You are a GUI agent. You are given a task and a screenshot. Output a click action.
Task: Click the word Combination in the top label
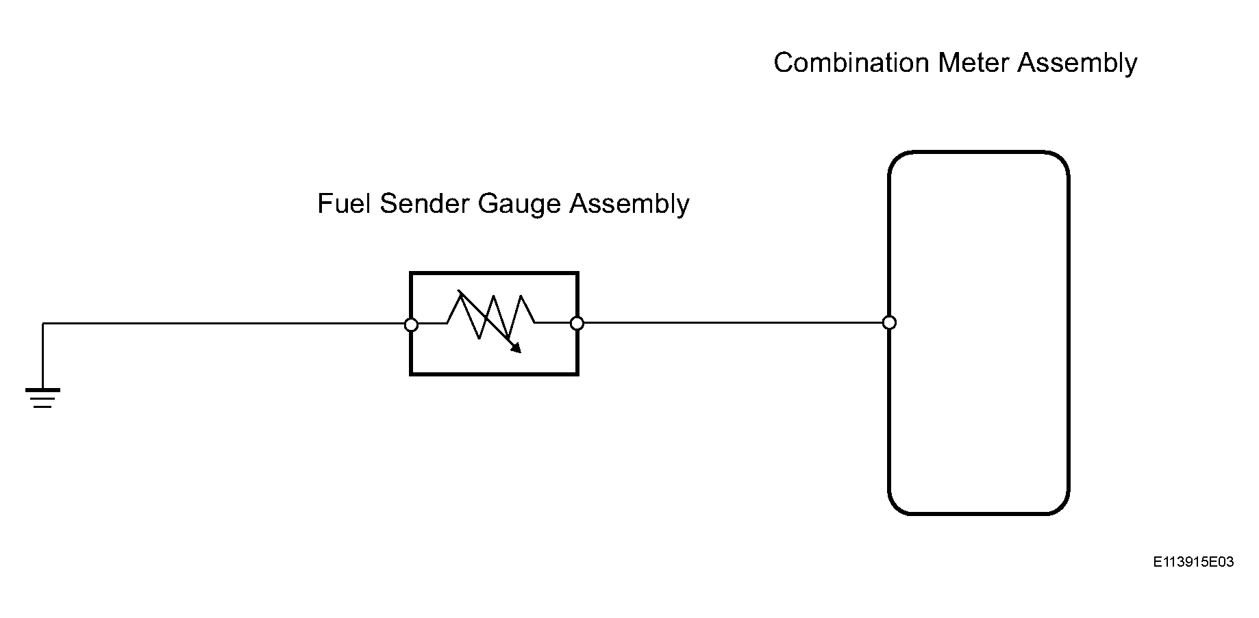pyautogui.click(x=851, y=63)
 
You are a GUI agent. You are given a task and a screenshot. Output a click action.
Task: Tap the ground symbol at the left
pyautogui.click(x=42, y=398)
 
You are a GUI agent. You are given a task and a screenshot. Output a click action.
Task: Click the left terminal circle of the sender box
pyautogui.click(x=411, y=324)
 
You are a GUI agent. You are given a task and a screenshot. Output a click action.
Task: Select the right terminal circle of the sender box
pyautogui.click(x=577, y=323)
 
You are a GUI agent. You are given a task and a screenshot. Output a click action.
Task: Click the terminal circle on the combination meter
pyautogui.click(x=889, y=322)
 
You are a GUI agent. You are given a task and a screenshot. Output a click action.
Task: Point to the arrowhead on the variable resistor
pyautogui.click(x=515, y=347)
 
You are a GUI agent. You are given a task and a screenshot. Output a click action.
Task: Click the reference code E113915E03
pyautogui.click(x=1193, y=562)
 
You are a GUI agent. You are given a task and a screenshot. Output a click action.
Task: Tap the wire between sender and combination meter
pyautogui.click(x=733, y=322)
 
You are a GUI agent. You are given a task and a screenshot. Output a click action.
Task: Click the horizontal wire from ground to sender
pyautogui.click(x=227, y=324)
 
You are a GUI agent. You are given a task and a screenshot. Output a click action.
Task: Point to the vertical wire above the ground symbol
pyautogui.click(x=42, y=356)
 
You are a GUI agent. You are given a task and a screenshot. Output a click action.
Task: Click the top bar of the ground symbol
pyautogui.click(x=42, y=390)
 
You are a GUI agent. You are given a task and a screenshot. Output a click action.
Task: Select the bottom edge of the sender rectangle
pyautogui.click(x=494, y=374)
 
